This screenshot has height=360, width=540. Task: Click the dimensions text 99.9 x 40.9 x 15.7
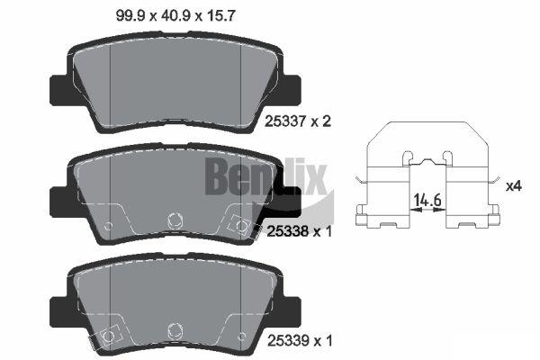175,16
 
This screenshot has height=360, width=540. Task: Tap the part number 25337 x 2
298,121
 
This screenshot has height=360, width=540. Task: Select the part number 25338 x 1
300,231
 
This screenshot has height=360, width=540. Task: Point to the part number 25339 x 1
300,341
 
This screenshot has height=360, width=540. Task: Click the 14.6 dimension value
427,200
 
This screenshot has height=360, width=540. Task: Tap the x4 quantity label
514,186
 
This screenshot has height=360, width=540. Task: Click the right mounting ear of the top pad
292,90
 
